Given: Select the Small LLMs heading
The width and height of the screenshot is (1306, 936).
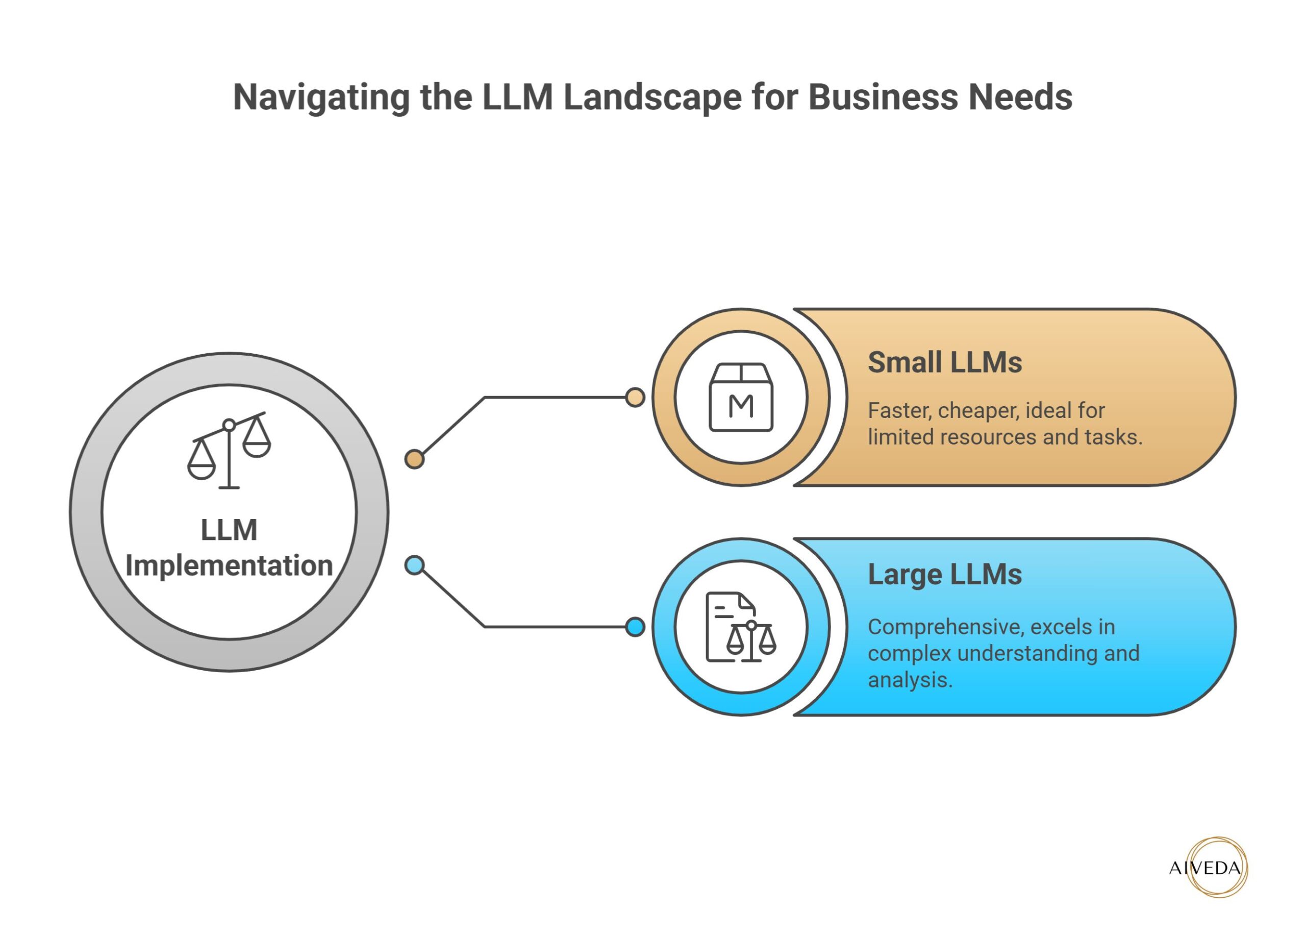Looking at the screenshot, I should point(944,362).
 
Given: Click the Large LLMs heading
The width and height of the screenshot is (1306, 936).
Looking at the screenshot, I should point(944,574).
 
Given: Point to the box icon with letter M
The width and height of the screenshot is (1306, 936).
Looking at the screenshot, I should point(741,398).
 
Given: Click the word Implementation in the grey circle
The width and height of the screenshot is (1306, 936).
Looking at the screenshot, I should point(229,565).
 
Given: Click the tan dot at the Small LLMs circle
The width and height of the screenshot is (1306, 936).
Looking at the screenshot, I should point(635,398).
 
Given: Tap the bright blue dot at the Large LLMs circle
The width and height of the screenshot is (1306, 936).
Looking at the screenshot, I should point(635,627).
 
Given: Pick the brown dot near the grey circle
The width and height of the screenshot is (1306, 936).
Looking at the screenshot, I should point(414,459).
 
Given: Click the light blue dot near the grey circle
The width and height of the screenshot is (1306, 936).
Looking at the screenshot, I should point(414,565).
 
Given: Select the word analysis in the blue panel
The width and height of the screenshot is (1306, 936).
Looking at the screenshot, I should point(909,680).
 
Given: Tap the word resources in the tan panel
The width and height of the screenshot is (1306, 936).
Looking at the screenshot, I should point(988,437).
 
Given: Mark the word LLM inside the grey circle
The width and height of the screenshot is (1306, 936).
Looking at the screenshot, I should point(229,530).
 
